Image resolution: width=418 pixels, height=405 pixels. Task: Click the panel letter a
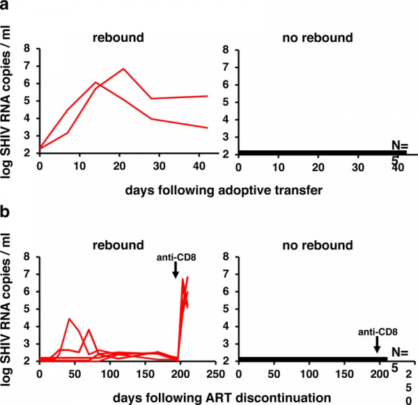pos(7,6)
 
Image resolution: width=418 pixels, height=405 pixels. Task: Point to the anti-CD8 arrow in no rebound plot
pos(376,343)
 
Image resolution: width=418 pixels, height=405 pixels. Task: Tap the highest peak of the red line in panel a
pos(123,69)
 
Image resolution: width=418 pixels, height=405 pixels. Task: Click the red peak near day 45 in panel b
pos(69,319)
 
